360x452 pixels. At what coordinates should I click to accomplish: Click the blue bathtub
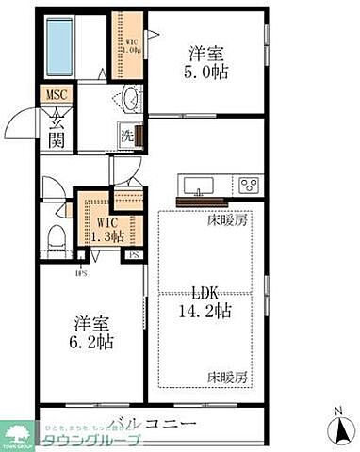(57, 46)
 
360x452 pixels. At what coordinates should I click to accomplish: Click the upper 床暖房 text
(227, 220)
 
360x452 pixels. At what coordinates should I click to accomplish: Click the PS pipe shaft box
(136, 254)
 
